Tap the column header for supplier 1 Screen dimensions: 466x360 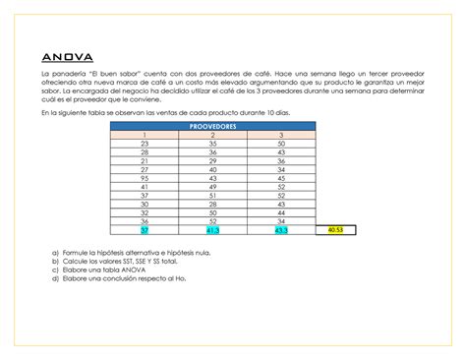[145, 135]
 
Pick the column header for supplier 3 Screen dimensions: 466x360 [281, 135]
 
